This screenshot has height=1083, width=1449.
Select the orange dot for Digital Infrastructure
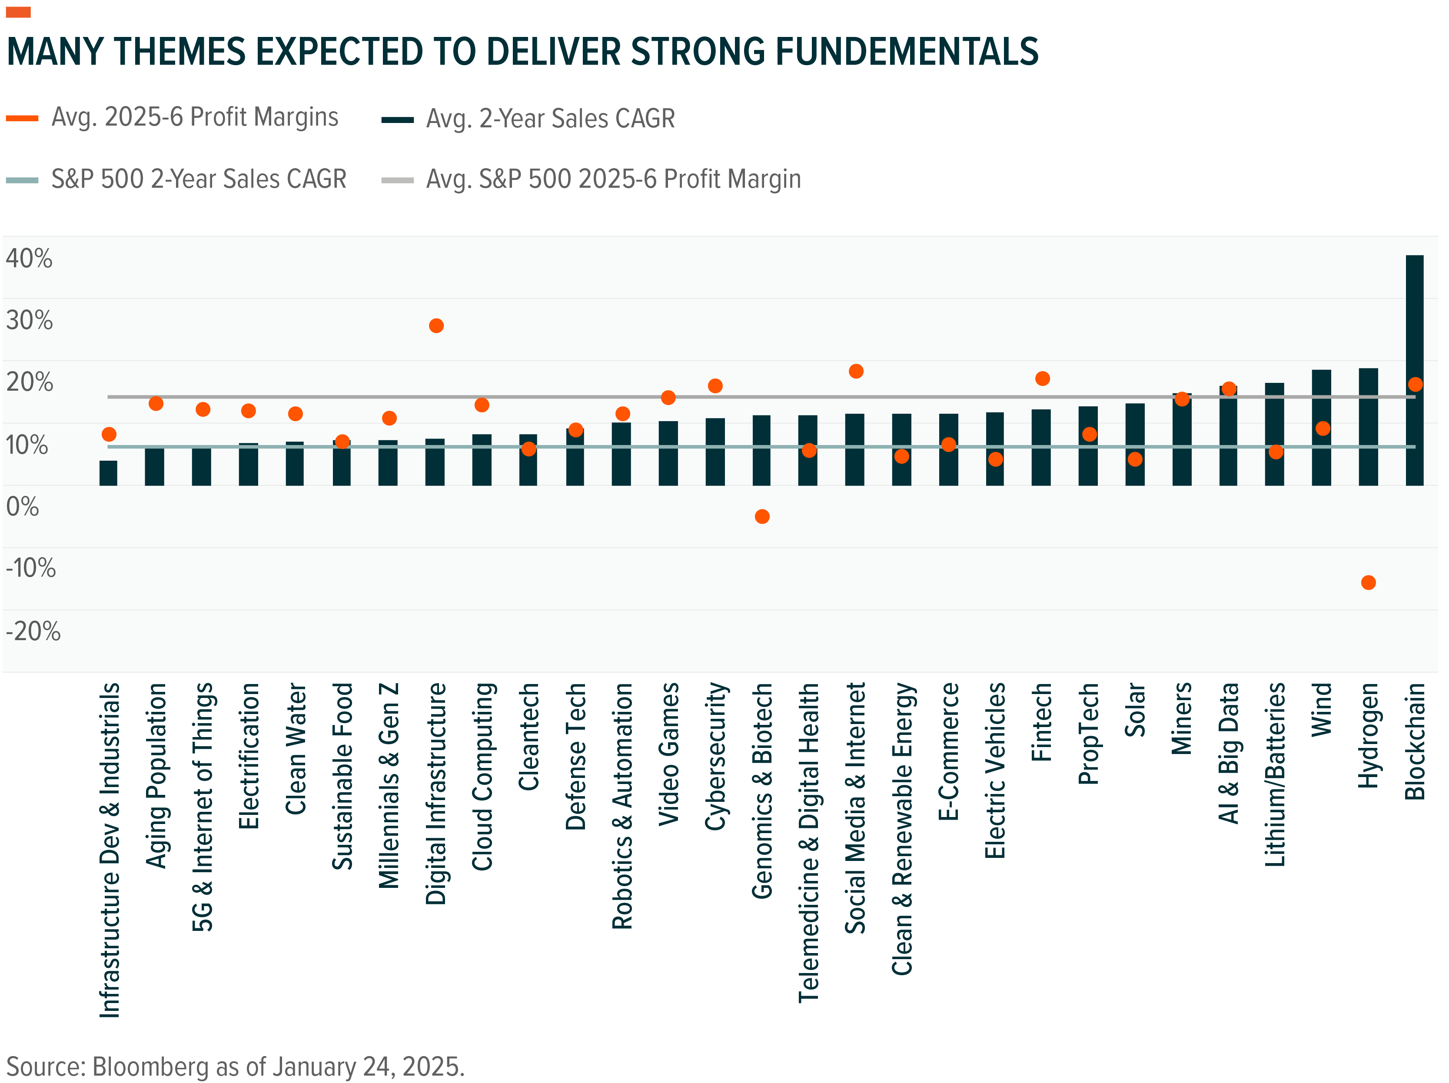[436, 326]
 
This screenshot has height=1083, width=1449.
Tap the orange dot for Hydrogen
[1368, 582]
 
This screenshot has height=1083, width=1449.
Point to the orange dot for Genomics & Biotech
[762, 516]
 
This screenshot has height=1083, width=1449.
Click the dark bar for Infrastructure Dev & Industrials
[108, 473]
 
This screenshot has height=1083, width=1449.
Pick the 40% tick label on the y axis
[29, 258]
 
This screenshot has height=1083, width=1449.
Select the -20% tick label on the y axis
[33, 631]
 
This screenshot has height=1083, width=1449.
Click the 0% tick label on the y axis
[22, 506]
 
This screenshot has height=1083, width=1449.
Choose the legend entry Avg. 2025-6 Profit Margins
[195, 117]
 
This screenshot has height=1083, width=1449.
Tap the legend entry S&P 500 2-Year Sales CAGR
[199, 179]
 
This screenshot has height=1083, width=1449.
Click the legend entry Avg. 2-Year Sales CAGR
[550, 119]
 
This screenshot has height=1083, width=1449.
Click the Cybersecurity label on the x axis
[715, 757]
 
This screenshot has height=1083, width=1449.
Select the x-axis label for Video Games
[668, 754]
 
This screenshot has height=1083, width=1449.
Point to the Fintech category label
[1042, 722]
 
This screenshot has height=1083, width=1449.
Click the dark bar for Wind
[1321, 427]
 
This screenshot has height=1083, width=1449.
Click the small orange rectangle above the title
[18, 12]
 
